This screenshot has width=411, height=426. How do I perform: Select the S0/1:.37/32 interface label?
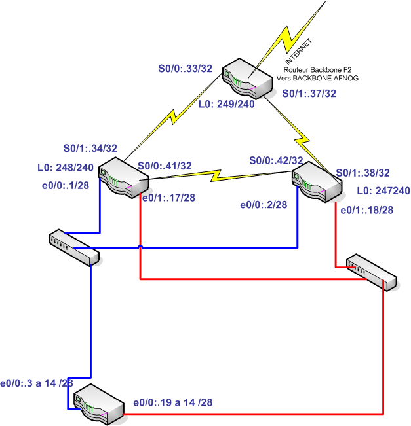click(309, 94)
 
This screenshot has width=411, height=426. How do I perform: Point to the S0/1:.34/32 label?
click(90, 148)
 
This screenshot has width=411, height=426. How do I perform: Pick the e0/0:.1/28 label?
click(66, 186)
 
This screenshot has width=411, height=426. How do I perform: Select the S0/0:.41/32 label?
click(165, 167)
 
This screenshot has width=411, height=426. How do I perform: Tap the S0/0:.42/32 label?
click(275, 160)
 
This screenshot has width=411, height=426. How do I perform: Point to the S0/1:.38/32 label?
click(362, 173)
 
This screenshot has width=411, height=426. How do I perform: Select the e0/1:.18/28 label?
click(367, 210)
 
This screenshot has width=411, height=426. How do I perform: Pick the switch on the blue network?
click(73, 247)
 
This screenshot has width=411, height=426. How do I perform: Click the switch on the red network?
click(370, 271)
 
